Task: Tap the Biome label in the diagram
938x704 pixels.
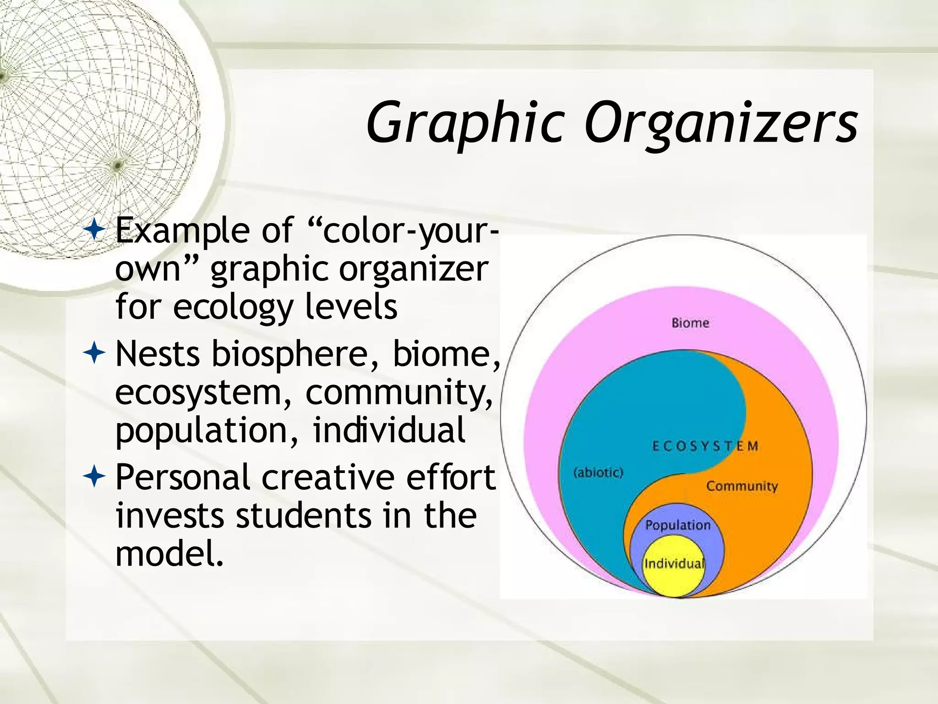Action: (x=690, y=323)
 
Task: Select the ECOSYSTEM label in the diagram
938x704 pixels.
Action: (x=705, y=446)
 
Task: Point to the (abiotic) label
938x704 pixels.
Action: (x=598, y=472)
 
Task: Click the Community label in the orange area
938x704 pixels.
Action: (x=742, y=486)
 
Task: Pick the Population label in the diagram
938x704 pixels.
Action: (x=677, y=525)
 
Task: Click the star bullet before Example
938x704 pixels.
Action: (x=95, y=230)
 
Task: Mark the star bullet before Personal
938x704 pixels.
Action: (x=95, y=477)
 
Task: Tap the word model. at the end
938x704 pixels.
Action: (x=169, y=554)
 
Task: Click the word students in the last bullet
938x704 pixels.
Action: (x=303, y=516)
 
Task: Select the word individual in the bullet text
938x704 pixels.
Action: (x=389, y=431)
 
